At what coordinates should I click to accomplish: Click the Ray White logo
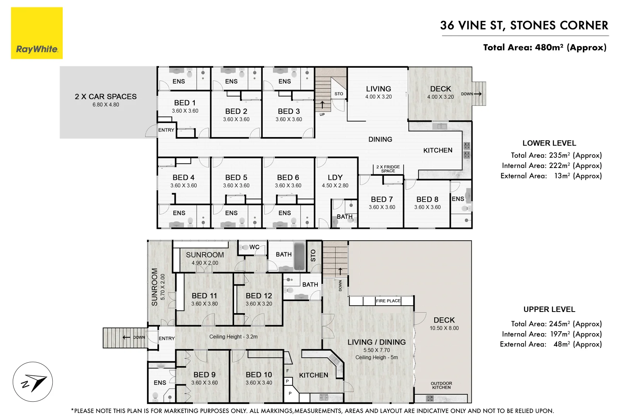coord(37,33)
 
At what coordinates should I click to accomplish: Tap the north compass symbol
coord(33,382)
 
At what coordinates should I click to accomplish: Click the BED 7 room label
coord(382,199)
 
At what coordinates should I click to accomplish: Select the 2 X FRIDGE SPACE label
coord(388,169)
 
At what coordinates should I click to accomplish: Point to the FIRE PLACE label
coord(388,301)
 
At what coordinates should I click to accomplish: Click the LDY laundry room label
coord(335,177)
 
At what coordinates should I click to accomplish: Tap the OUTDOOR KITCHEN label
coord(441,385)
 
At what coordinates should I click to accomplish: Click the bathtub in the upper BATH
coord(299,256)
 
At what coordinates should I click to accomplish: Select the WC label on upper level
coord(254,247)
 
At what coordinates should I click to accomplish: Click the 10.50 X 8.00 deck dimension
coord(444,328)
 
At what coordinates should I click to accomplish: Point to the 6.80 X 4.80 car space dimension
coord(106,104)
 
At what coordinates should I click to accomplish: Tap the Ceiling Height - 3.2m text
coord(233,337)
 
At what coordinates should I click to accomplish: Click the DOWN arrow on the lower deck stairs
coord(477,94)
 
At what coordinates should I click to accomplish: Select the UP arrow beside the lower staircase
coord(322,105)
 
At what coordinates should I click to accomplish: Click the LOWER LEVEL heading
coord(549,143)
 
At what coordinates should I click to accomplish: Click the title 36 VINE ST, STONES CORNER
coord(524,26)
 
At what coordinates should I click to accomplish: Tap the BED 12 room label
coord(259,296)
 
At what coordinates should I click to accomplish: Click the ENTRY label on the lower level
coord(166,130)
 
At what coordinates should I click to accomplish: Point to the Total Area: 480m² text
coord(545,48)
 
